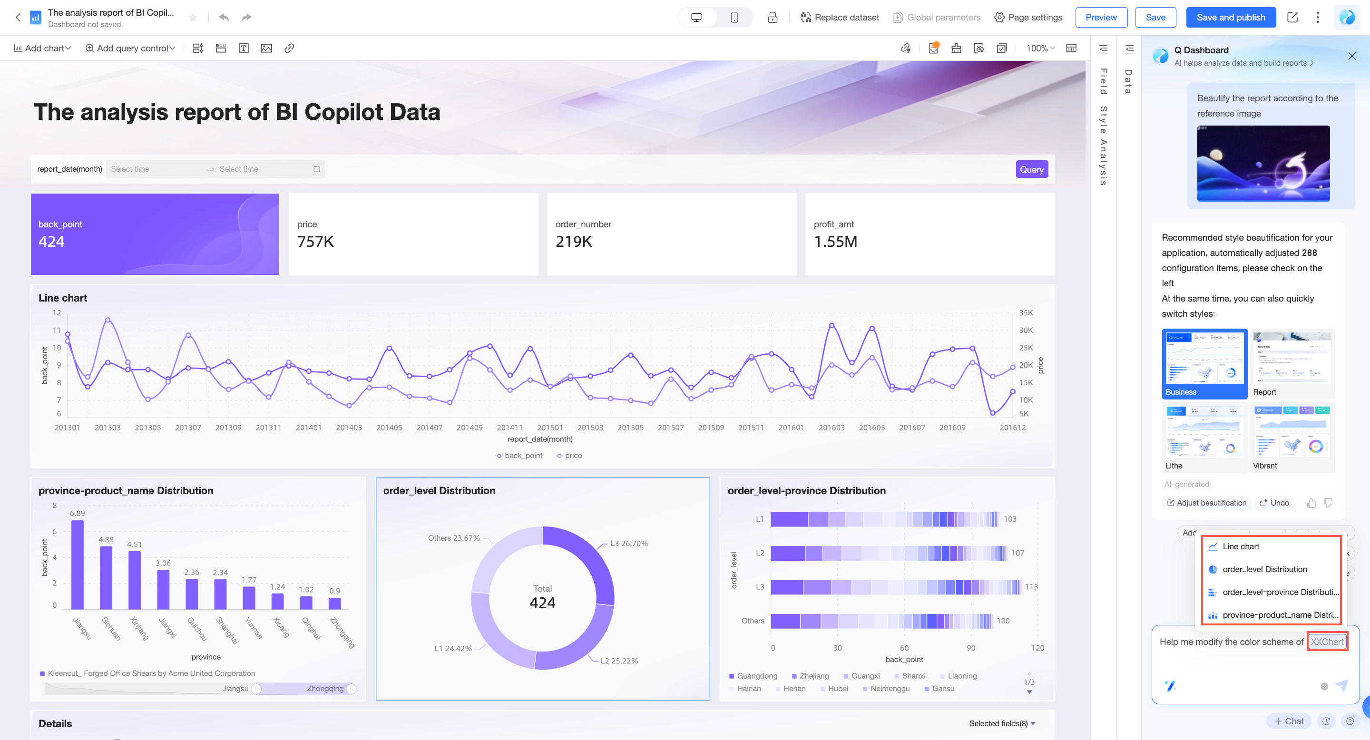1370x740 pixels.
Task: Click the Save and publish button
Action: pyautogui.click(x=1230, y=18)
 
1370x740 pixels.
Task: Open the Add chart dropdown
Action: pyautogui.click(x=42, y=49)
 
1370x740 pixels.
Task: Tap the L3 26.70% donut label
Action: pyautogui.click(x=628, y=543)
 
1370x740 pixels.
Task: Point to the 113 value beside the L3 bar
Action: pyautogui.click(x=1031, y=587)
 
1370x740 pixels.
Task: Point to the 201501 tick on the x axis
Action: pyautogui.click(x=549, y=428)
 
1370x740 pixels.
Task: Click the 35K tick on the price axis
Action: pyautogui.click(x=1026, y=313)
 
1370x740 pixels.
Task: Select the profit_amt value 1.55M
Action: pyautogui.click(x=835, y=242)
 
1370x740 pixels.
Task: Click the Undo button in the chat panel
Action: pyautogui.click(x=1274, y=503)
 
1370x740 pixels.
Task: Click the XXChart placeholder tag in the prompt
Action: pyautogui.click(x=1326, y=642)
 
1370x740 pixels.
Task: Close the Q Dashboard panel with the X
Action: pyautogui.click(x=1351, y=56)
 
